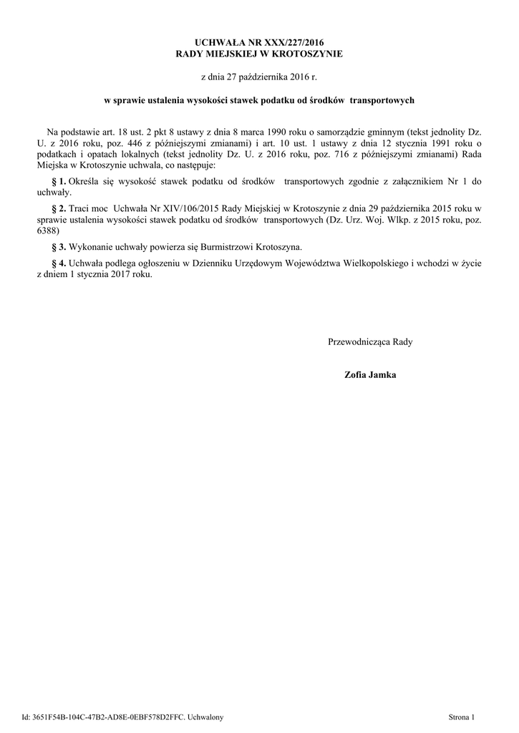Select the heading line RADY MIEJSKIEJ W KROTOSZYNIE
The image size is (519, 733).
[259, 54]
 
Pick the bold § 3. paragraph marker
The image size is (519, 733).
[59, 247]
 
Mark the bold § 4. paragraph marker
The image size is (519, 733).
[59, 263]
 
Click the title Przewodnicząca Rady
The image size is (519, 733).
[370, 342]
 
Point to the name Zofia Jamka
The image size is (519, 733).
[370, 375]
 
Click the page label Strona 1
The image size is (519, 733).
[461, 717]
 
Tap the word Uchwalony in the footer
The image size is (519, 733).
[205, 717]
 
